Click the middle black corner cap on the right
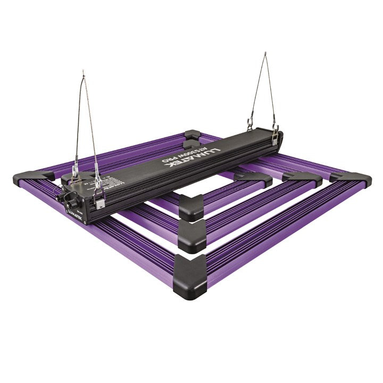[x=302, y=178]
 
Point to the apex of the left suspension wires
[x=82, y=72]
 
